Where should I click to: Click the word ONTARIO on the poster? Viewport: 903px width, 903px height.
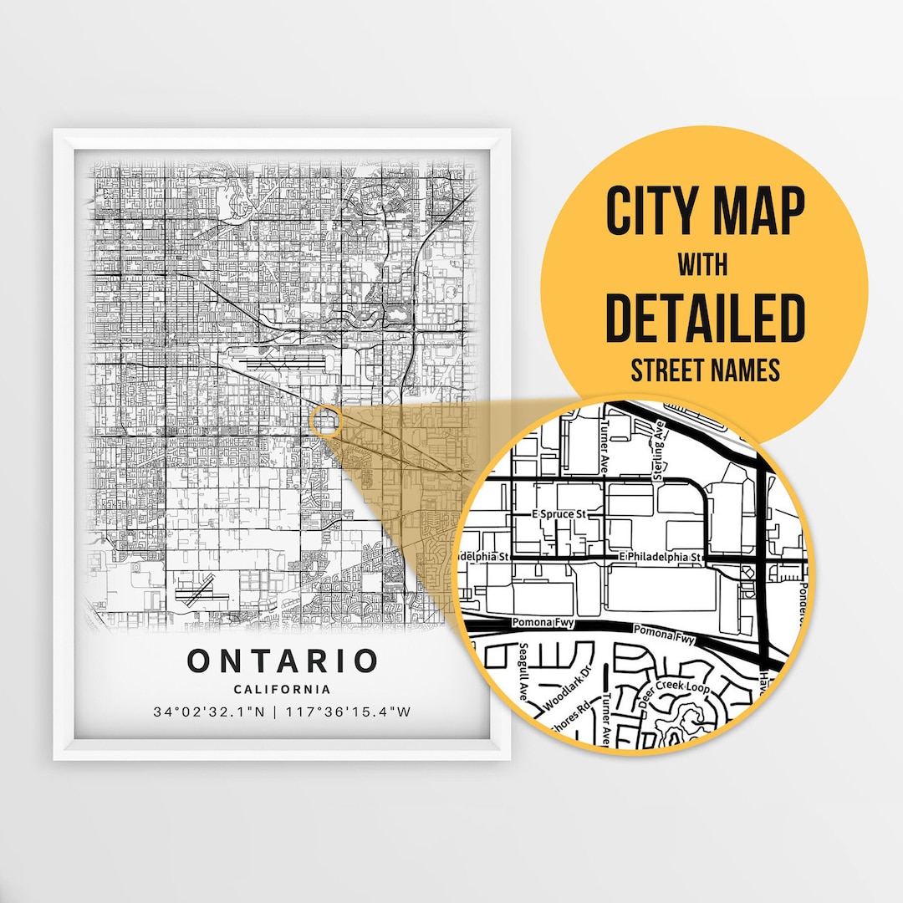point(283,661)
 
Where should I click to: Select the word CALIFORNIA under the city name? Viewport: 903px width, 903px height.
point(283,690)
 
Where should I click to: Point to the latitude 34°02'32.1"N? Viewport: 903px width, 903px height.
point(215,712)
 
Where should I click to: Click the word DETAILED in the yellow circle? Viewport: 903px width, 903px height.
point(704,317)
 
